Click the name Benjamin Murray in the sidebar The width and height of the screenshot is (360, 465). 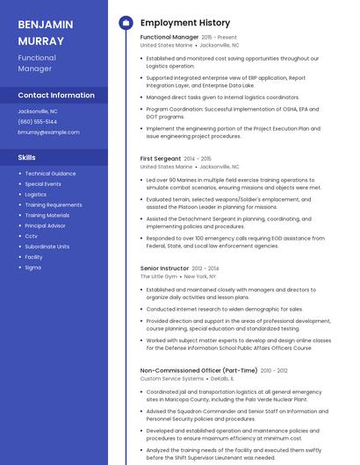click(x=46, y=32)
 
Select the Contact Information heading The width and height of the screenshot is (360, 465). click(x=56, y=95)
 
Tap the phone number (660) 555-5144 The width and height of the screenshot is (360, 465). click(x=38, y=122)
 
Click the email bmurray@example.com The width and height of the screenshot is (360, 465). click(x=48, y=132)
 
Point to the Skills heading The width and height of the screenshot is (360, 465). click(x=27, y=157)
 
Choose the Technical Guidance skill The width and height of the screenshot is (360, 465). click(x=50, y=174)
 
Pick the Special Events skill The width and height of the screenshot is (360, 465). click(x=43, y=184)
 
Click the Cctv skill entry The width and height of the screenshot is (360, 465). click(x=31, y=236)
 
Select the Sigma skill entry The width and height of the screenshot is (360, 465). click(x=32, y=268)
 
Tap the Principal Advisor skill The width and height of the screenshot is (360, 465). click(x=45, y=225)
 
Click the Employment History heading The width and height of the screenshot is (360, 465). click(x=185, y=23)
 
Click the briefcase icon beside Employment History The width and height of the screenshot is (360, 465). click(x=126, y=23)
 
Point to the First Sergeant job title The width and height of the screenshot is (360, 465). click(x=161, y=158)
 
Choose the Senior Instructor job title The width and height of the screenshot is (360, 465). click(x=164, y=268)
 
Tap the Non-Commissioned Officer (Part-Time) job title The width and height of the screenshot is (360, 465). click(x=198, y=371)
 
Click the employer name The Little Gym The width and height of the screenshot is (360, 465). click(x=159, y=276)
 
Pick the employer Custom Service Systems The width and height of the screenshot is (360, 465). click(x=172, y=379)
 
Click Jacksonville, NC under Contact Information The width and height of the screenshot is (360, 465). click(x=38, y=111)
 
